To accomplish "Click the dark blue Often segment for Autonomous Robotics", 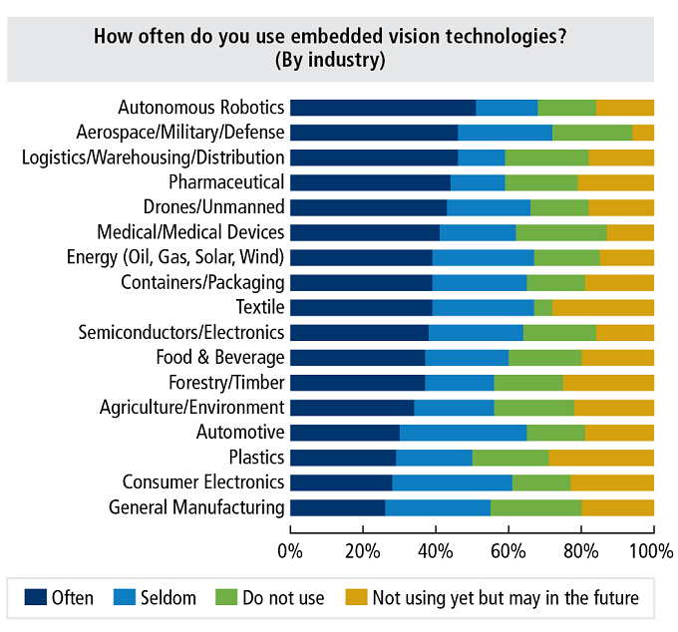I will click(x=383, y=108).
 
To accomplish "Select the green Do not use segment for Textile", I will click(x=543, y=307).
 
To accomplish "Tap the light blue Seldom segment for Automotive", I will click(x=464, y=433).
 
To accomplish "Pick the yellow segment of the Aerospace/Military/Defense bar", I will click(x=643, y=133).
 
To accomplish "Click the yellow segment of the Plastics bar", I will click(x=601, y=458).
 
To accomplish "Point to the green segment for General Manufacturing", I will click(x=536, y=507).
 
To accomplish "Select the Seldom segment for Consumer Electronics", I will click(x=452, y=482).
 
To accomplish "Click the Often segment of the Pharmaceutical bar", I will click(x=370, y=182).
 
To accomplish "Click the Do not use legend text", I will click(x=284, y=598).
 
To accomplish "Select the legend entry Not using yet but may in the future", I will click(x=505, y=598).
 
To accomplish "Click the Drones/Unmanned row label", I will click(x=213, y=207).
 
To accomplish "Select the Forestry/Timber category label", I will click(x=220, y=382).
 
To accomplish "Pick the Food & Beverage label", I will click(x=220, y=357).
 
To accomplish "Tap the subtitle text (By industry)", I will click(x=330, y=60).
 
